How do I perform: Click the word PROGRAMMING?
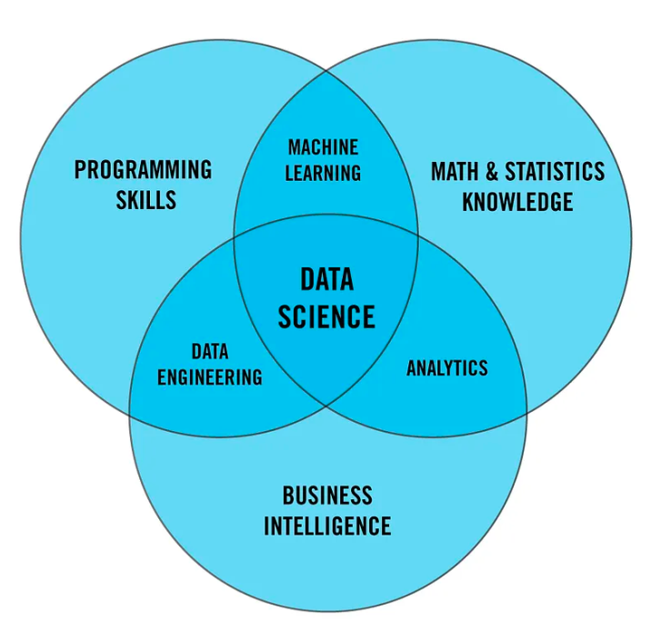point(143,170)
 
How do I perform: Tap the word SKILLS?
point(145,200)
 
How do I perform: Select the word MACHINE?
point(323,147)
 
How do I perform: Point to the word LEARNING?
point(323,173)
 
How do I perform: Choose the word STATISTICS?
point(554,171)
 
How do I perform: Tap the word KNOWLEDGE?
point(517,201)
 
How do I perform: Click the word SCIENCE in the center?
point(326,316)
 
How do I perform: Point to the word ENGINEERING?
point(210,376)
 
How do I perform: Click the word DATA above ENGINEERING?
point(210,351)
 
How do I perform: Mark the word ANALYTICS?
point(446,368)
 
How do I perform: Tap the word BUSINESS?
point(327,496)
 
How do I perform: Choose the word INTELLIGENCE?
point(327,526)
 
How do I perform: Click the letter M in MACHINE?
point(295,147)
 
